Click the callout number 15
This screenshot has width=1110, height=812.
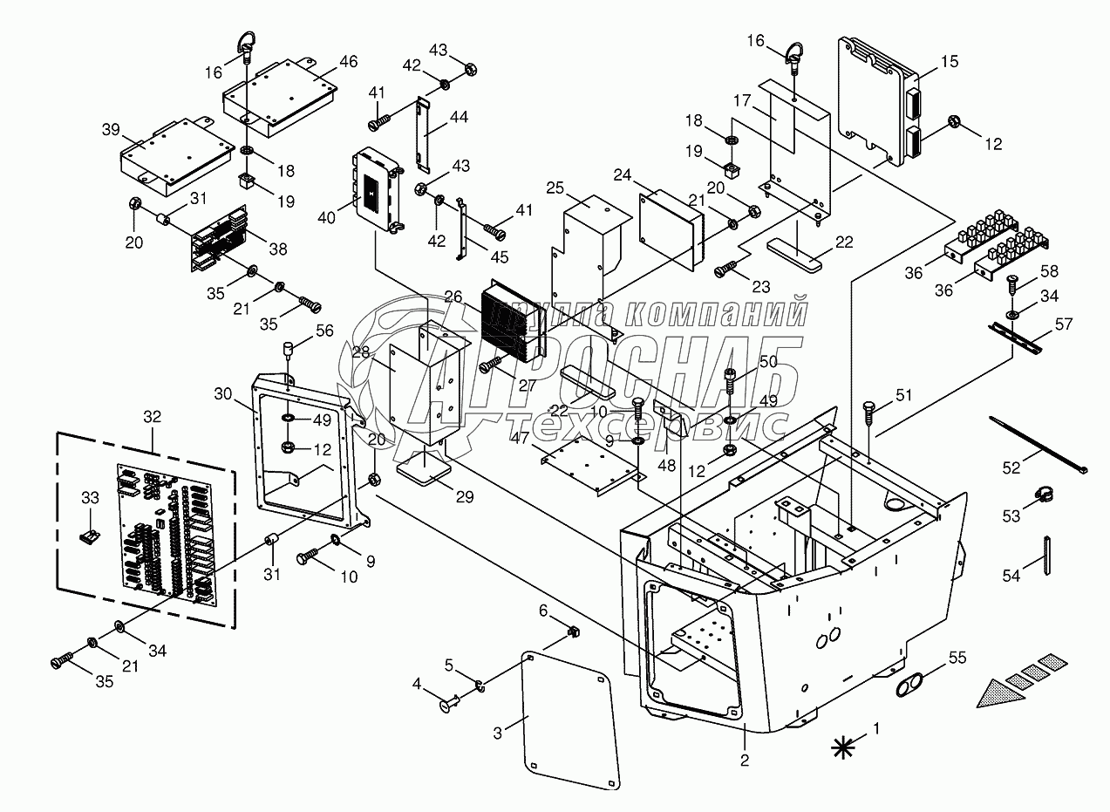[x=950, y=61]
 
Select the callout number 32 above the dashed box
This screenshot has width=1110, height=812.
[x=152, y=417]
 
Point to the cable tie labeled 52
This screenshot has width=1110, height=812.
[x=1036, y=445]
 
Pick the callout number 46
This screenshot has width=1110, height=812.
[x=348, y=61]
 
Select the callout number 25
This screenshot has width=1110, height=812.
[x=556, y=188]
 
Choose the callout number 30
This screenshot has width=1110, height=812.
[x=223, y=393]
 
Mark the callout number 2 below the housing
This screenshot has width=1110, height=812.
[x=745, y=760]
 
